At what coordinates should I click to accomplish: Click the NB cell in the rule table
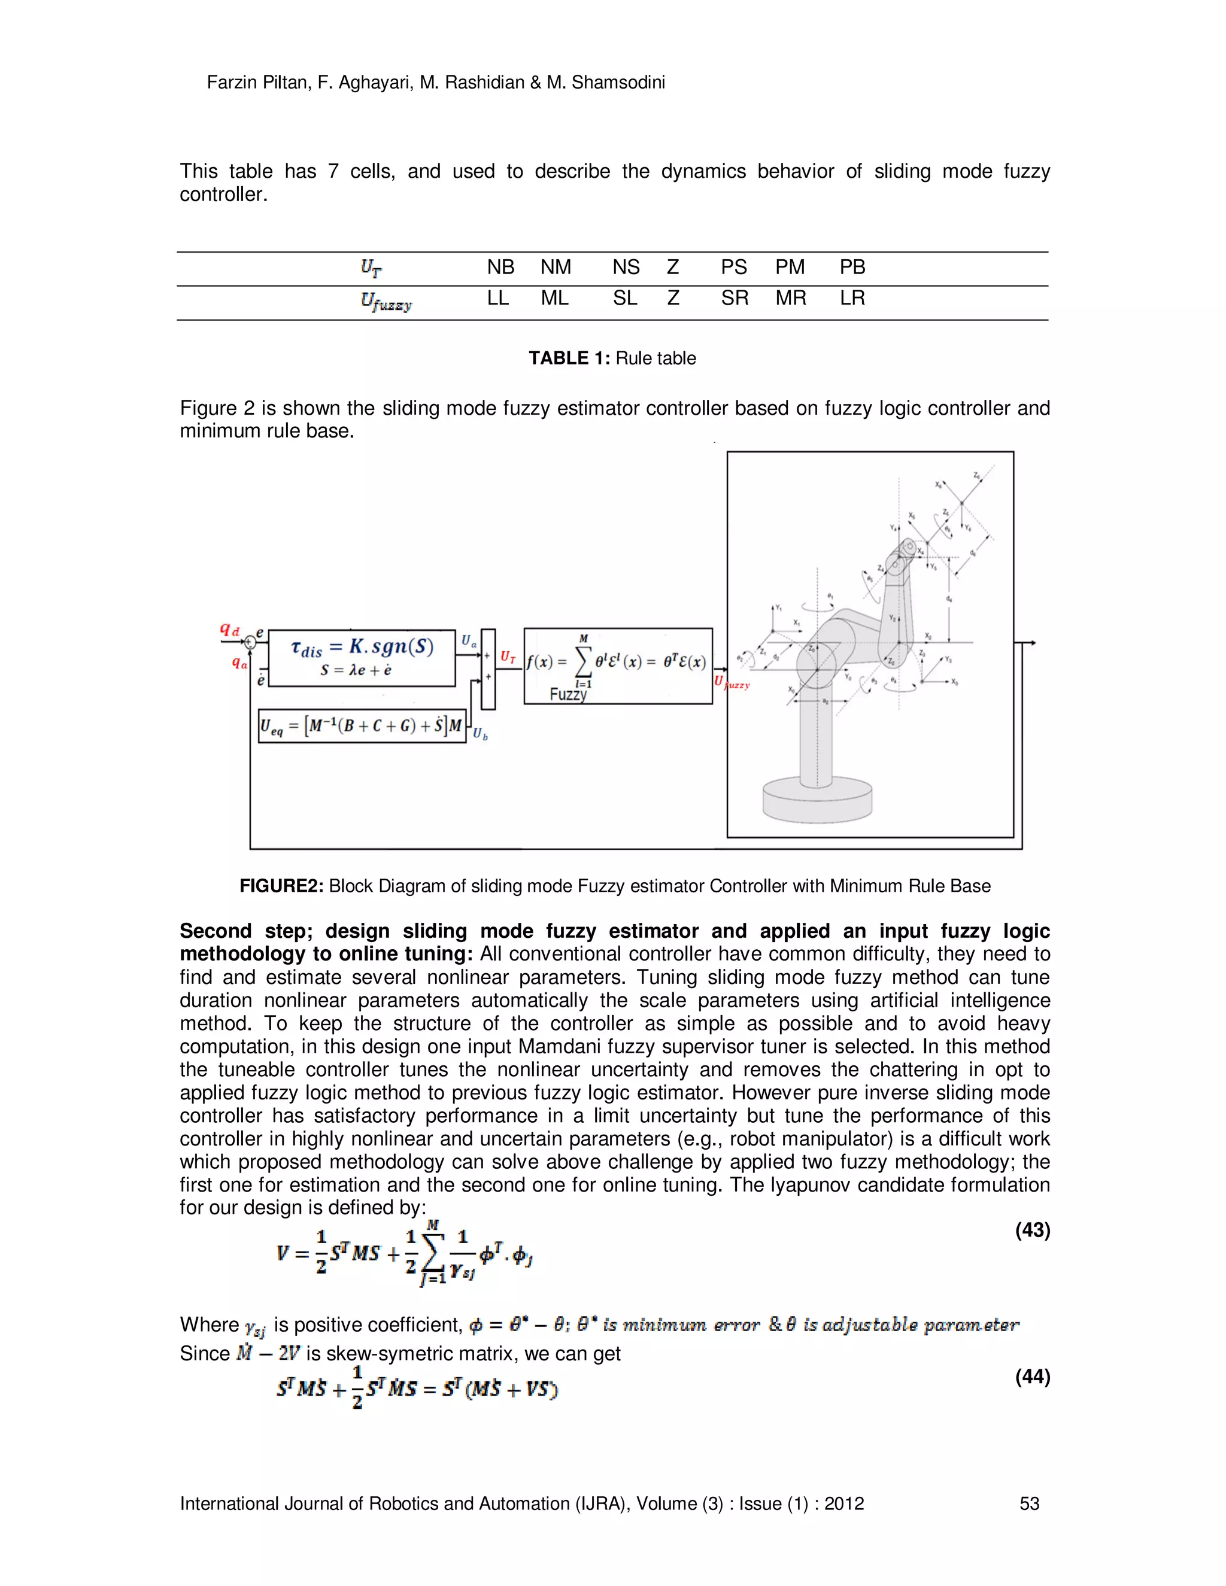[500, 268]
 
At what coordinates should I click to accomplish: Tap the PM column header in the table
[790, 268]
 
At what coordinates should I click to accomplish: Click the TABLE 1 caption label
[569, 358]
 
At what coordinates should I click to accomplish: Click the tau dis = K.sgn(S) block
[362, 657]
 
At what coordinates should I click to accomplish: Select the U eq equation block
[362, 725]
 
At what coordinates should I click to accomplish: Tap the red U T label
[508, 657]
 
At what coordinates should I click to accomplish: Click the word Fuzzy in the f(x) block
[568, 694]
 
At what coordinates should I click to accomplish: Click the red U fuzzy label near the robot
[732, 683]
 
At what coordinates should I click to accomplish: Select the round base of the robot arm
[817, 800]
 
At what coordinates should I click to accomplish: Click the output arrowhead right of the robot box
[1032, 643]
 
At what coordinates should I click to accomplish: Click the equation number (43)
[1032, 1230]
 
